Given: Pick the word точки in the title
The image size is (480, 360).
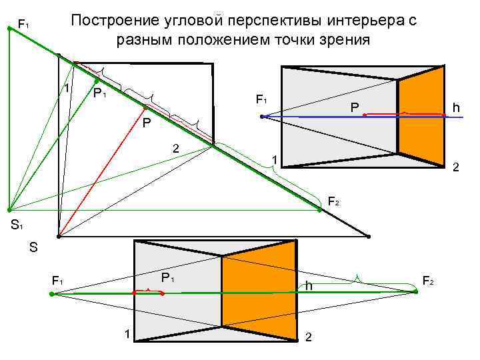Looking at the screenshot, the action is [296, 40].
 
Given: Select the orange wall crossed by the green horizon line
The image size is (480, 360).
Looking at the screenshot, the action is [258, 293].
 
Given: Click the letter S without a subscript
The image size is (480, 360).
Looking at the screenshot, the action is [33, 248].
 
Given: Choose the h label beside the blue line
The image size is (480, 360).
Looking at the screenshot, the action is [456, 107].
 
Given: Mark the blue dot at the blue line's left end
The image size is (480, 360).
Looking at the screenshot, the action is [263, 117].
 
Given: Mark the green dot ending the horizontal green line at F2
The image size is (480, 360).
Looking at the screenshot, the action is [415, 292].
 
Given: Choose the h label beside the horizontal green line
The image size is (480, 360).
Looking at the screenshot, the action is [309, 286].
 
